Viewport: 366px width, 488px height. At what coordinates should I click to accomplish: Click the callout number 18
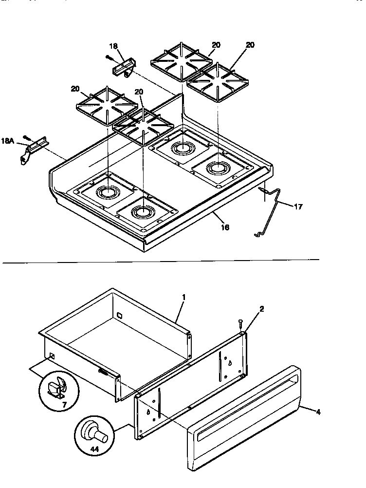click(113, 47)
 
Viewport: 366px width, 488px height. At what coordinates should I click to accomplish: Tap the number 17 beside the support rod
click(298, 206)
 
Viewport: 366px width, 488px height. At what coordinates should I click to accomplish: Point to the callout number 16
click(225, 227)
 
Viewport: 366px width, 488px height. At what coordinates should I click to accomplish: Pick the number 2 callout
click(261, 309)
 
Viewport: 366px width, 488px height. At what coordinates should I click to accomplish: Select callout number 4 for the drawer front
click(318, 412)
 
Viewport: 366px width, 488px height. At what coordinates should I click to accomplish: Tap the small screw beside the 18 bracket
click(109, 57)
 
